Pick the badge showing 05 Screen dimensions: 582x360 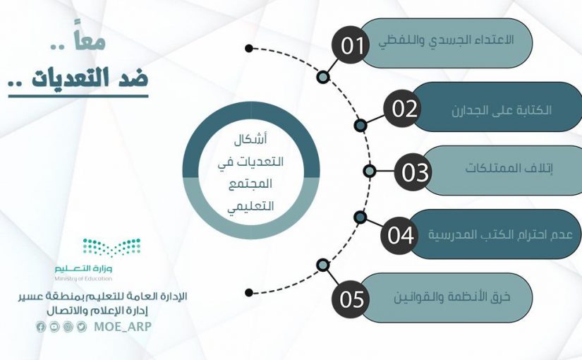(351, 299)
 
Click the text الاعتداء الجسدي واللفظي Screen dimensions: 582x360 (446, 40)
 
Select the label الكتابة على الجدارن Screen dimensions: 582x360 (502, 110)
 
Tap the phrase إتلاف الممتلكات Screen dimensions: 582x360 (509, 168)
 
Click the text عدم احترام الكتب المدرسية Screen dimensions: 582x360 (501, 234)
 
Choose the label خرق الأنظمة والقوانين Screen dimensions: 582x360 (452, 296)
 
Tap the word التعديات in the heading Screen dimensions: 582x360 (71, 78)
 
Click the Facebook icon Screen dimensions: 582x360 (41, 327)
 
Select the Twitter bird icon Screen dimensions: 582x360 (82, 327)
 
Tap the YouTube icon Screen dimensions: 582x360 (54, 327)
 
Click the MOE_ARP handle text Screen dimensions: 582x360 (123, 327)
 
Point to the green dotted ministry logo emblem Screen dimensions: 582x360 (111, 248)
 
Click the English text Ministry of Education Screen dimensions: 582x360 (83, 278)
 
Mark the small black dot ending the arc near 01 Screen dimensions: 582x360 (249, 48)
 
